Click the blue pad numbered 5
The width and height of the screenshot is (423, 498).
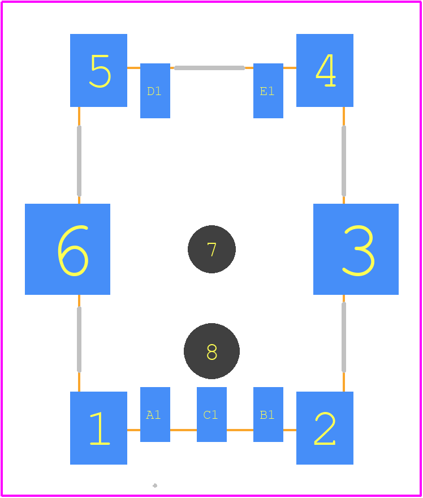(99, 70)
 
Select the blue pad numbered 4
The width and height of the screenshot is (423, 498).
(325, 70)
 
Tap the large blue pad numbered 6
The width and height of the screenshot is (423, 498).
(68, 250)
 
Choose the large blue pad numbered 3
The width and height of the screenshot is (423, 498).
(356, 250)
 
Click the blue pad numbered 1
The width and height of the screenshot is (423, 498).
(99, 428)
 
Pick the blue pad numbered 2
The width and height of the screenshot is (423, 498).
(325, 428)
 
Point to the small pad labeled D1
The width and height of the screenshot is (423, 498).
(155, 91)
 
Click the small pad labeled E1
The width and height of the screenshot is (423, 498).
(268, 91)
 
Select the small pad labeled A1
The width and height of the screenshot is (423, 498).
(155, 414)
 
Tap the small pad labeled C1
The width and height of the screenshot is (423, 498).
(212, 414)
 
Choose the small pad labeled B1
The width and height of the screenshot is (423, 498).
(268, 414)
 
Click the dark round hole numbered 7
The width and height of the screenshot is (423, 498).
(212, 250)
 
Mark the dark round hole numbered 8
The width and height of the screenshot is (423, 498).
(212, 351)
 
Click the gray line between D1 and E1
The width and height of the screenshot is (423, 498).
(209, 68)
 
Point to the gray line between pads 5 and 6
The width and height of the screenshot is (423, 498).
(79, 161)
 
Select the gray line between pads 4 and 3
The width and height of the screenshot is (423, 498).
(344, 161)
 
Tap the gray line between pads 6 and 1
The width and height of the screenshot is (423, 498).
(79, 339)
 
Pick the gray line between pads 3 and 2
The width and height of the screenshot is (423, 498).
(344, 337)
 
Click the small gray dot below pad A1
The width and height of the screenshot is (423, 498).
(155, 486)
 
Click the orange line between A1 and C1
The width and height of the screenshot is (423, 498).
(183, 430)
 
